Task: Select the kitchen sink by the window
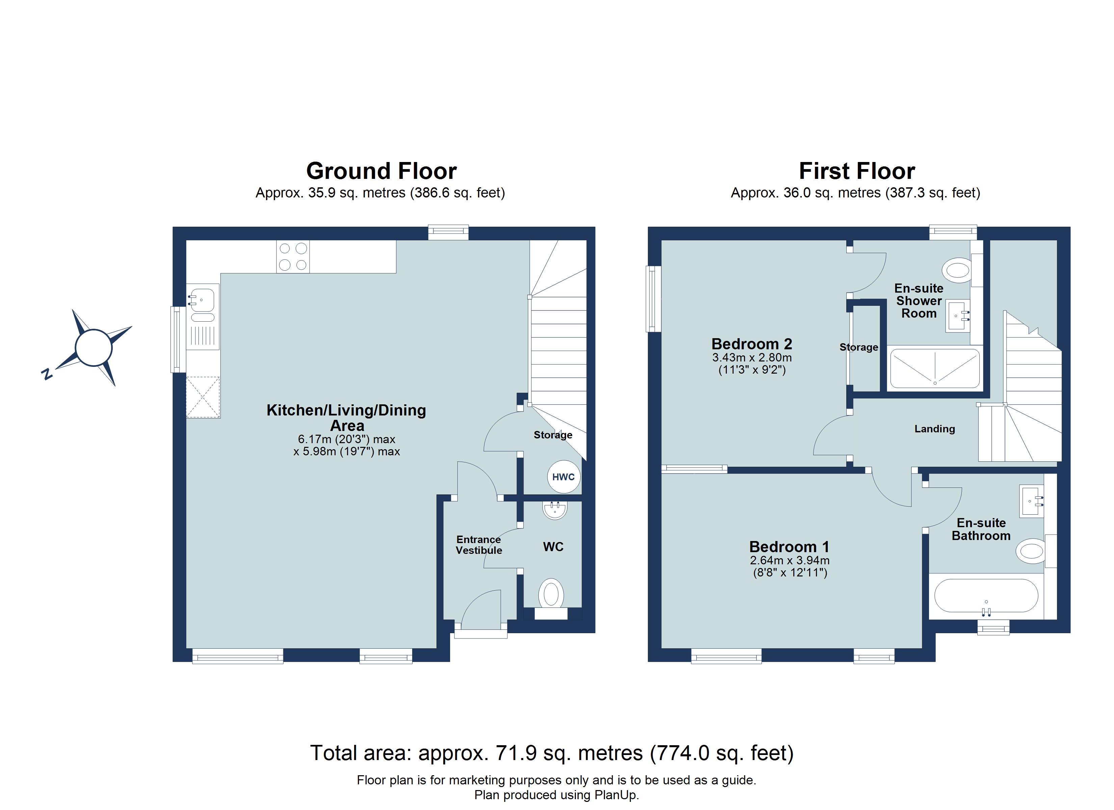[202, 300]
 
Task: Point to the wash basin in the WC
[555, 510]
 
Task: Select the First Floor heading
[857, 171]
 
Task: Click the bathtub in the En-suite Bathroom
[986, 596]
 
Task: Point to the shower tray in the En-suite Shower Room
[935, 369]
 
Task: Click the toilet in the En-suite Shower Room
[957, 270]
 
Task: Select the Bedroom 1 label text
[789, 547]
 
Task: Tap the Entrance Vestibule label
[479, 545]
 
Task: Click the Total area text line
[552, 753]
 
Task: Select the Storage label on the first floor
[858, 347]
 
